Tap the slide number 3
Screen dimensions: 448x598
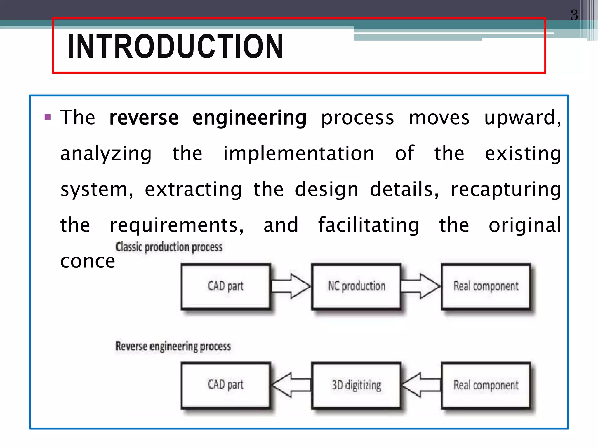click(x=574, y=15)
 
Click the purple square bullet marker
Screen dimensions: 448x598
click(x=48, y=118)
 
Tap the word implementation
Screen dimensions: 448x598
click(x=298, y=154)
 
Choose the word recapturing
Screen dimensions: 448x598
click(x=506, y=190)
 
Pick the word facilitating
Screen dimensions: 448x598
click(x=368, y=225)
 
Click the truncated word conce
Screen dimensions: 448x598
click(x=88, y=261)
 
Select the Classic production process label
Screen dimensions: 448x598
click(x=169, y=247)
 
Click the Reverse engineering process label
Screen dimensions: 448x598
click(x=173, y=346)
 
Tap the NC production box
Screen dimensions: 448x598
click(x=356, y=286)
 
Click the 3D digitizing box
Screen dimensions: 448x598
click(x=356, y=385)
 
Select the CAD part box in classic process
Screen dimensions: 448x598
click(x=225, y=286)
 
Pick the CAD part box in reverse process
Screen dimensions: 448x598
click(x=225, y=385)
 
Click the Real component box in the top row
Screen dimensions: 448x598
click(x=486, y=286)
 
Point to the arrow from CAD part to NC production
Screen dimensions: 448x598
click(x=291, y=286)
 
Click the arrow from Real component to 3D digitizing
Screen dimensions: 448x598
click(x=420, y=385)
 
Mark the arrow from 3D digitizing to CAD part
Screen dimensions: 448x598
click(x=291, y=385)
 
